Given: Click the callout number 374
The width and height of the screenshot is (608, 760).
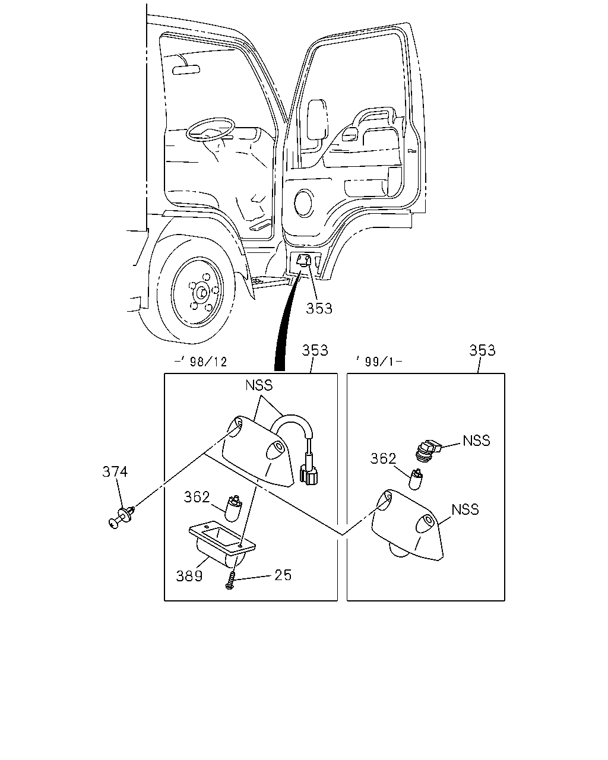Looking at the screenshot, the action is point(115,472).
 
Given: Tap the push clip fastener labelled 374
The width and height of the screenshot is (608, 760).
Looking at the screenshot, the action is point(122,518).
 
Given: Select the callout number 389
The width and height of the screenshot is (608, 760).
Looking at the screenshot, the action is point(189,576).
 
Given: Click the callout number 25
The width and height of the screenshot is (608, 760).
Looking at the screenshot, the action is point(283,575).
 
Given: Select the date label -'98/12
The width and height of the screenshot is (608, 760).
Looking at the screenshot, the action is point(201,362).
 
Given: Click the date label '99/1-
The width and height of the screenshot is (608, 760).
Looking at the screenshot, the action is point(379,362).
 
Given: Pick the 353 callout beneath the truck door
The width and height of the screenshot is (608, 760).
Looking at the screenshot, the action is point(319,309).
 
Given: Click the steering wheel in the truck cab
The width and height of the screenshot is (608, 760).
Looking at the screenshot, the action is point(211,129).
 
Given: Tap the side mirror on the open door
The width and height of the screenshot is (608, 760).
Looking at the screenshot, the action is point(317,119).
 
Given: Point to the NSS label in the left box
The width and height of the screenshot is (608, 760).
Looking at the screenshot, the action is point(259,385).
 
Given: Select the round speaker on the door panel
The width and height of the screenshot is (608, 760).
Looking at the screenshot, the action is point(303,202).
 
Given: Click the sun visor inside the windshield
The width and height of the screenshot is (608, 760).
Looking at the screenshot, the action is point(186,70).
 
